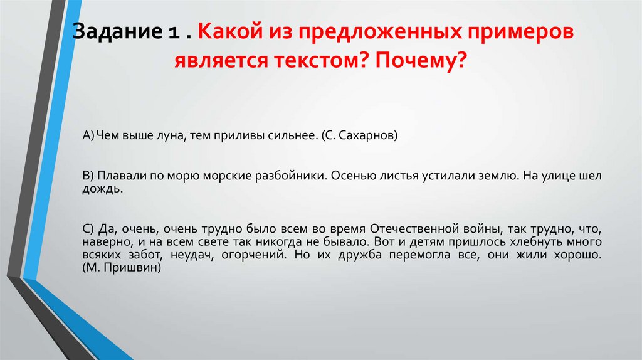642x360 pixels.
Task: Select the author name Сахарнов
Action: coord(367,135)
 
